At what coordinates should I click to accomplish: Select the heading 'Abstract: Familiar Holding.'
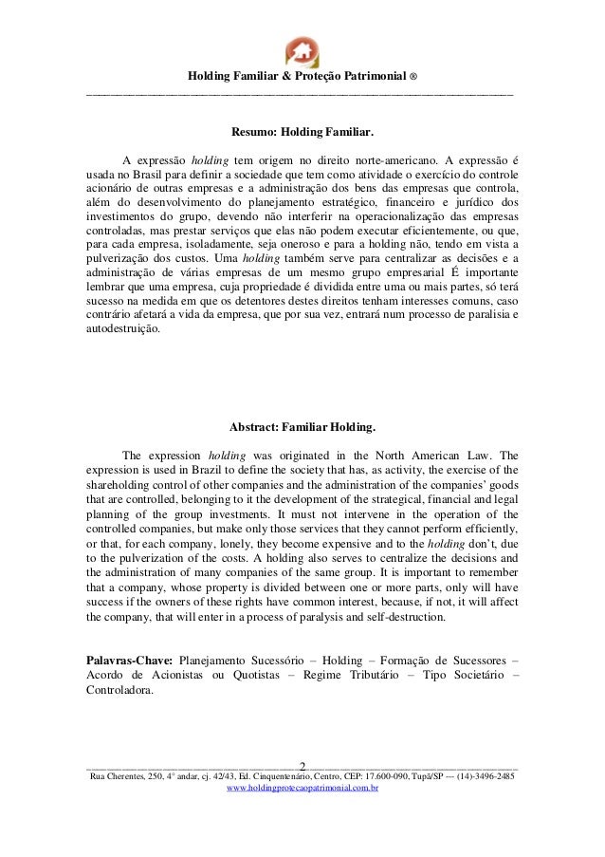point(302,426)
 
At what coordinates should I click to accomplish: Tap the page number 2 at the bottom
point(302,765)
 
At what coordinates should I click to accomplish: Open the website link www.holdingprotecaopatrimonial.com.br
point(302,789)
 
